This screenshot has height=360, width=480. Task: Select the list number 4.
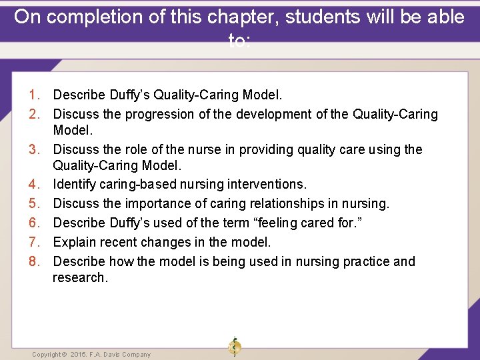(36, 184)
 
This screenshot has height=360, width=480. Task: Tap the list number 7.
(36, 243)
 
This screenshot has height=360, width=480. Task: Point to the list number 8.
(36, 261)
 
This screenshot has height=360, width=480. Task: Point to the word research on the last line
(79, 278)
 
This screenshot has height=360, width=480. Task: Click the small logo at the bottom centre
(234, 347)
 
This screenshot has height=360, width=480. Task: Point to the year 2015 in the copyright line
(78, 355)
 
